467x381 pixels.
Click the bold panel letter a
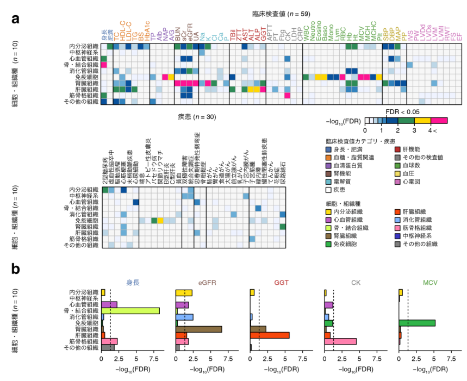pyautogui.click(x=16, y=18)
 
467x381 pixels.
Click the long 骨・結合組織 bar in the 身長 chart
pyautogui.click(x=130, y=310)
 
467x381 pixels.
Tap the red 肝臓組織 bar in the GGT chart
pyautogui.click(x=270, y=335)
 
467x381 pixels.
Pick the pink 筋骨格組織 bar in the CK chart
pyautogui.click(x=340, y=341)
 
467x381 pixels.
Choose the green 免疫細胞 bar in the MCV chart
pyautogui.click(x=417, y=323)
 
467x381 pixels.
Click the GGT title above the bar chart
pyautogui.click(x=282, y=283)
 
